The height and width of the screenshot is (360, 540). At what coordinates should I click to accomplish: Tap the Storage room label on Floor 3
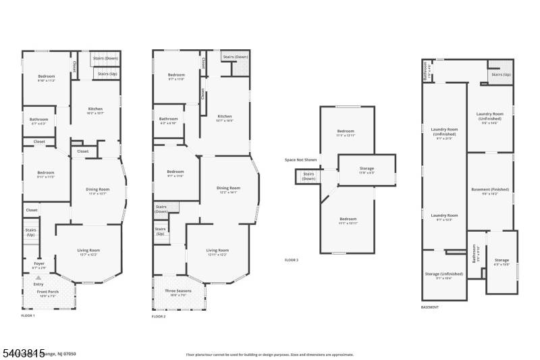pyautogui.click(x=367, y=168)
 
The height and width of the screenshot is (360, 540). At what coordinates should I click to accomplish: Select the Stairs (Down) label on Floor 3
pyautogui.click(x=308, y=176)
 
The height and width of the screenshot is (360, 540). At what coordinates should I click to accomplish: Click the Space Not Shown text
pyautogui.click(x=300, y=159)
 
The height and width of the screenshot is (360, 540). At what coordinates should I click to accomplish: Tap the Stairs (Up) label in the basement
pyautogui.click(x=501, y=74)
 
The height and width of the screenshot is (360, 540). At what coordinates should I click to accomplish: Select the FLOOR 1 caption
pyautogui.click(x=28, y=315)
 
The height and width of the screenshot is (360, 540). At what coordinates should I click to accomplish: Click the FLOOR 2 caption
pyautogui.click(x=158, y=315)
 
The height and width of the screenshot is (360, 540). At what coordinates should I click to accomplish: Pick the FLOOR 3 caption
pyautogui.click(x=291, y=259)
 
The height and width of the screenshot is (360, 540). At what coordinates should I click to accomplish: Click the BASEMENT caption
pyautogui.click(x=430, y=307)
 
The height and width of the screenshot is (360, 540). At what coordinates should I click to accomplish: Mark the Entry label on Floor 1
pyautogui.click(x=38, y=284)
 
